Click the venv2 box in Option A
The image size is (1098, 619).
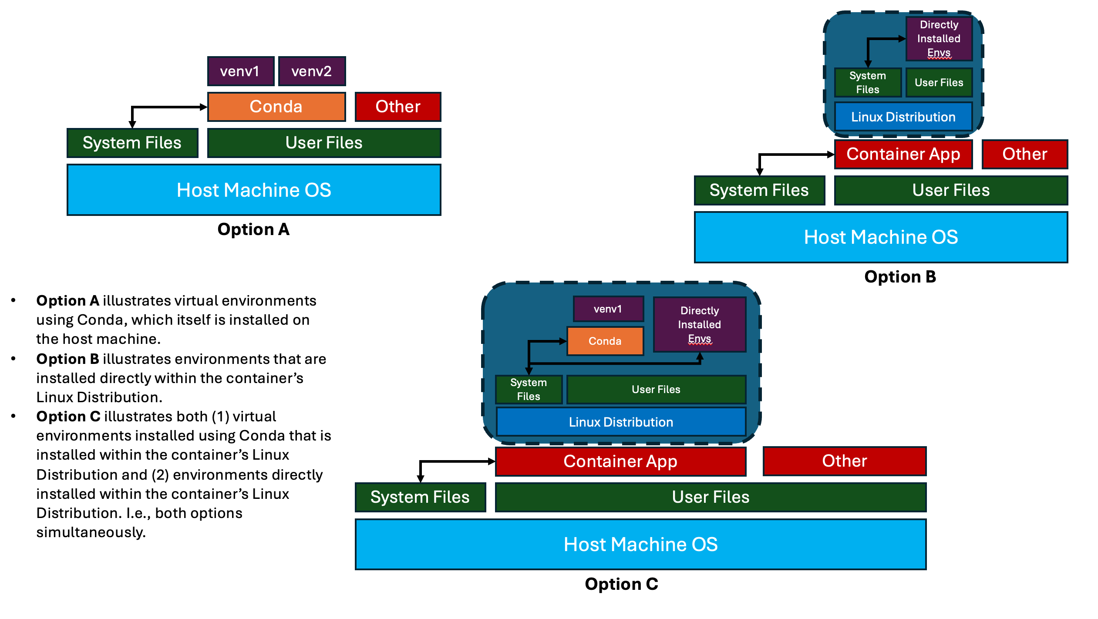312,71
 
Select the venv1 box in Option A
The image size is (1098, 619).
240,71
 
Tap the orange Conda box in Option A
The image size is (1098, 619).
276,107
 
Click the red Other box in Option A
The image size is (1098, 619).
398,107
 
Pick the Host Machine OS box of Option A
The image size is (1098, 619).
254,190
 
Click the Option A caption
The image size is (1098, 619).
253,229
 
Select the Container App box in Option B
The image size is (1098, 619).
903,154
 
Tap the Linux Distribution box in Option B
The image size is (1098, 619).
903,117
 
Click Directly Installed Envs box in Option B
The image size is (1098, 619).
939,39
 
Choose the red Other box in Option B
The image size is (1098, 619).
1024,154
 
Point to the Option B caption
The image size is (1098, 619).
900,277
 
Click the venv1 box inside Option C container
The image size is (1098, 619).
608,309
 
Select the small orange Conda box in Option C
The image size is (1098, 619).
605,341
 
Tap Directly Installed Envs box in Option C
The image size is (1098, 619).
699,325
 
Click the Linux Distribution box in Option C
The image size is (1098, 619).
621,422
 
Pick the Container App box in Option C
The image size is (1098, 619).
620,461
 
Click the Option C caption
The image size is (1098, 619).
621,584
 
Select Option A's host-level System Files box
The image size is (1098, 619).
132,143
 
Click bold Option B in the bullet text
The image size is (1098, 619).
67,359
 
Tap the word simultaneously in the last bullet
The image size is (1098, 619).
91,532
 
